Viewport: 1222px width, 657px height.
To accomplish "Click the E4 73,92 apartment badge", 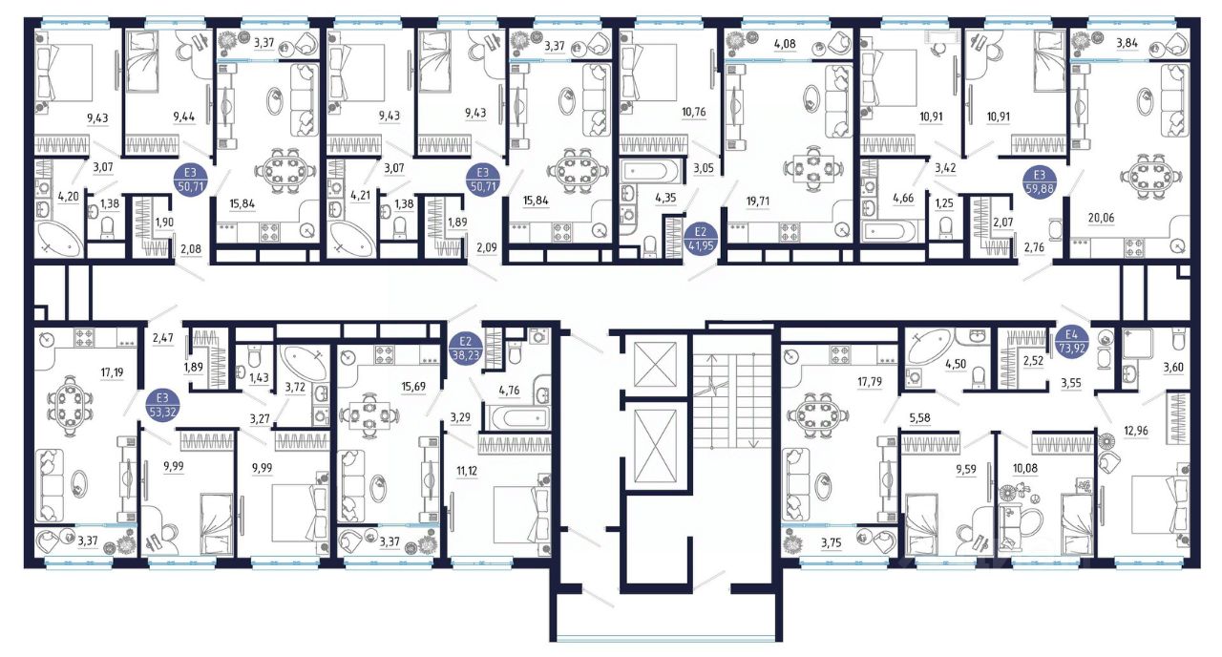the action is pos(1072,343).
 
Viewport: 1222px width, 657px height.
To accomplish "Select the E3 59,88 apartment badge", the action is pos(1040,182).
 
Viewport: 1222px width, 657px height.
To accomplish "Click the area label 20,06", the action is pos(1101,218).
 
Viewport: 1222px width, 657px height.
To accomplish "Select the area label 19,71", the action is pos(758,201).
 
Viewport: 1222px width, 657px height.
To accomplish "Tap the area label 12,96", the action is pos(1135,431).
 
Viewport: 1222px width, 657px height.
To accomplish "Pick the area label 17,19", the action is pos(112,372).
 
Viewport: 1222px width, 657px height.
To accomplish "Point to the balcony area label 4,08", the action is pos(785,44).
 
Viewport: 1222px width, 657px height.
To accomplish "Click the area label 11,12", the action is pos(467,471).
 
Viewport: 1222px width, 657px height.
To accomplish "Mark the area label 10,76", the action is pos(693,113).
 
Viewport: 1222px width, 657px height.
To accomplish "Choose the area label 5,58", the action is pos(920,418).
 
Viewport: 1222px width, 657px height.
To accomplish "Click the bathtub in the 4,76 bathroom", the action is pos(517,418).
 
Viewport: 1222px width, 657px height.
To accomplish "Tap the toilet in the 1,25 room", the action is pos(945,227).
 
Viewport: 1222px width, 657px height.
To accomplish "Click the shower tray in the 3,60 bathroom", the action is pos(1137,343).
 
